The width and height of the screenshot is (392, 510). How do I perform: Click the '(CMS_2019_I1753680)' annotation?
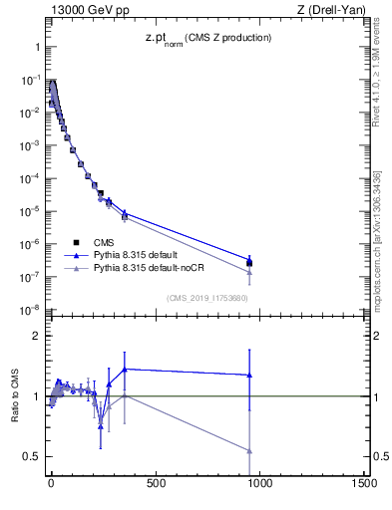point(207,296)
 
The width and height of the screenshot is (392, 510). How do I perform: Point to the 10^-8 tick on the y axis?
point(27,311)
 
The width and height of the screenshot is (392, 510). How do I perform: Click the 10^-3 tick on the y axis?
point(27,145)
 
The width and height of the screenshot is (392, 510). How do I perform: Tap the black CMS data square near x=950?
point(249,263)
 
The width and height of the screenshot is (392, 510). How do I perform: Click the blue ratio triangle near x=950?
point(249,376)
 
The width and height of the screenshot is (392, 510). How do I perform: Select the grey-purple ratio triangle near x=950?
point(249,450)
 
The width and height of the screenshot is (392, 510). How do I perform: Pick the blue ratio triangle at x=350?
point(125,370)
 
